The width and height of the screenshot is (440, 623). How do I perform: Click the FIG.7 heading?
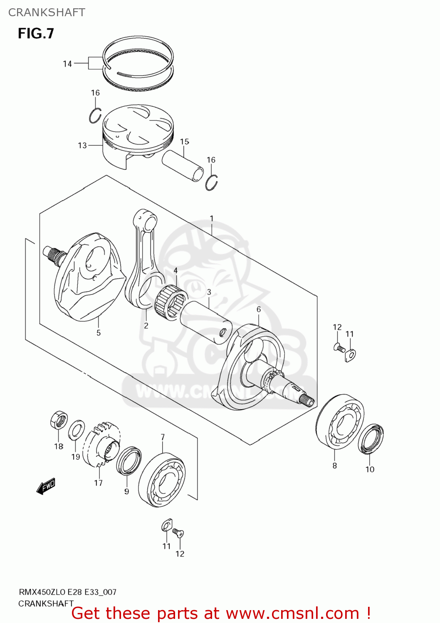point(36,33)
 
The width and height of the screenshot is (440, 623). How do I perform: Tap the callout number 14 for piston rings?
point(67,64)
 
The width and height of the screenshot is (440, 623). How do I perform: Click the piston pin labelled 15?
point(183,165)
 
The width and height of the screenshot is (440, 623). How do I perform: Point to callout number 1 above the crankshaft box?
point(212,218)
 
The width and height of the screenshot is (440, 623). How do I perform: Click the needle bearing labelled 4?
point(171,301)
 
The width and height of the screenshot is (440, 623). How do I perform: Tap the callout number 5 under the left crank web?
point(99,333)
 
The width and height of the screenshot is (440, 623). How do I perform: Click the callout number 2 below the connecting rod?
point(146,326)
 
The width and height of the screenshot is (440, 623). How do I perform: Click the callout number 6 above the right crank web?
point(259,309)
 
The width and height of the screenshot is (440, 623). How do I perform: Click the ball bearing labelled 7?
point(162,480)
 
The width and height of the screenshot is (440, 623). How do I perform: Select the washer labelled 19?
point(77,430)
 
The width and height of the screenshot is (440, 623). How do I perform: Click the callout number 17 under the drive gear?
point(98,483)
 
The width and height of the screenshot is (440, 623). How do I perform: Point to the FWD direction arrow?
point(46,486)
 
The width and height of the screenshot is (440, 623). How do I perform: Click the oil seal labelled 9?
point(129,461)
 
